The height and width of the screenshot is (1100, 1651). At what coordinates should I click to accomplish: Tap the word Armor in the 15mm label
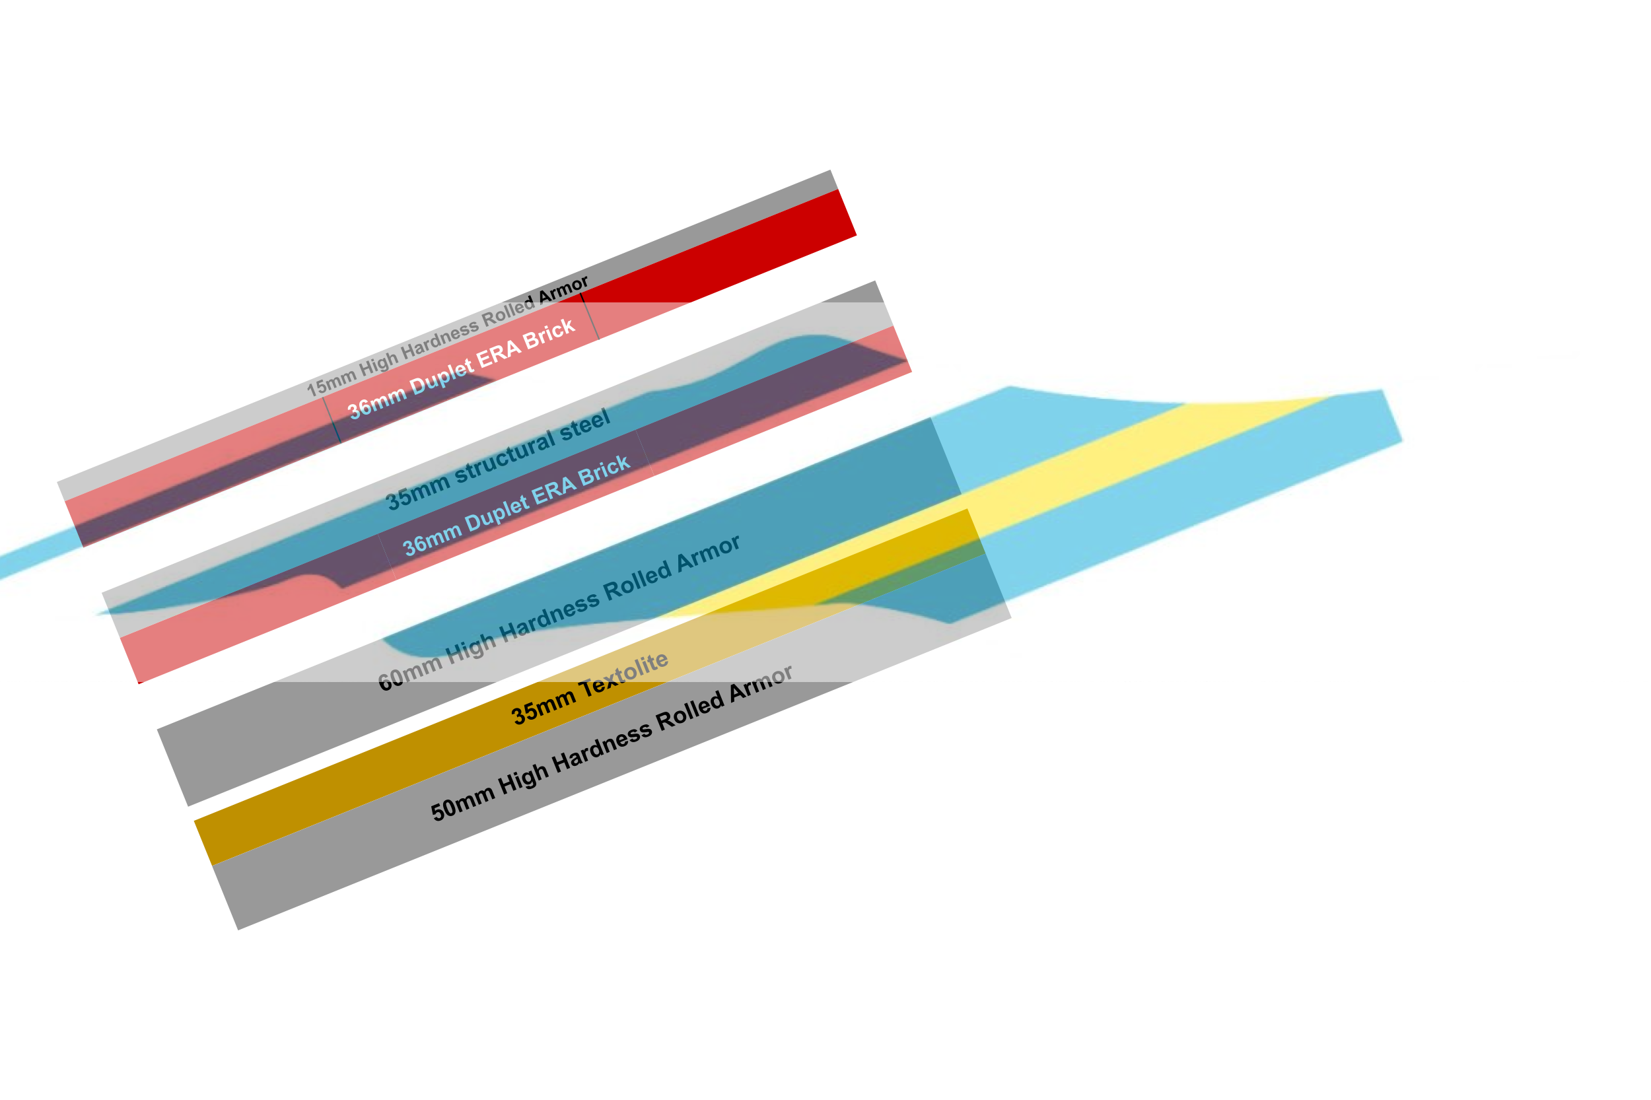coord(563,289)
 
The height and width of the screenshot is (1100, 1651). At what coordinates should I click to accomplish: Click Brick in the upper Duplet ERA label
coord(549,334)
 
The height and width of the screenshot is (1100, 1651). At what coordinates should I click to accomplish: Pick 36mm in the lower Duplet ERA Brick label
coord(431,539)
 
